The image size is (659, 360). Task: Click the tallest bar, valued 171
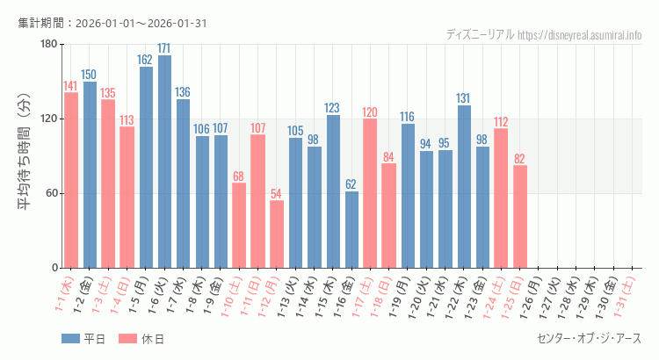point(164,162)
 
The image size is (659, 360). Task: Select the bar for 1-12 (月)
point(277,234)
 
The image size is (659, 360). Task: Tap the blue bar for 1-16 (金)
point(351,229)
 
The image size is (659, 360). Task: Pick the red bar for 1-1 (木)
point(71,180)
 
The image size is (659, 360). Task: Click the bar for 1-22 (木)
point(464,186)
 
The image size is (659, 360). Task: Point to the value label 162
point(146,60)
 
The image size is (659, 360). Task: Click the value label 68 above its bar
point(239,176)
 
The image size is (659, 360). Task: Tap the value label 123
point(333,108)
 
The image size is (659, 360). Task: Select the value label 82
point(520,159)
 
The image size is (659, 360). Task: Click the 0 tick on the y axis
point(54,268)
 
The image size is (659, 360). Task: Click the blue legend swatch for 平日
point(71,339)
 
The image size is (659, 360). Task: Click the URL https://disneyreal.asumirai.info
point(579,34)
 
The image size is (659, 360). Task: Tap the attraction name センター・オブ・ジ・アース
point(589,339)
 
